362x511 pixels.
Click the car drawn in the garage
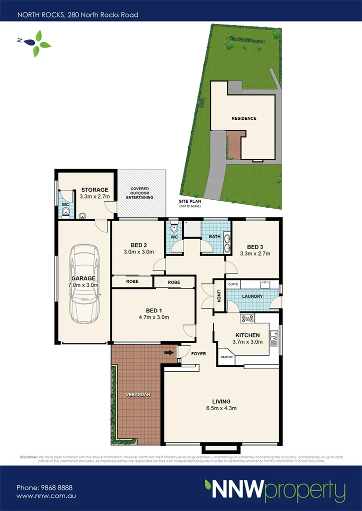click(x=82, y=283)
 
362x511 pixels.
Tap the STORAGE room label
click(x=94, y=190)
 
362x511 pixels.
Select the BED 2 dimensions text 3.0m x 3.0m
click(x=138, y=252)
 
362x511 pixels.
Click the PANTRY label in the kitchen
click(x=226, y=357)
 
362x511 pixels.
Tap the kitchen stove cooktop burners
click(x=247, y=318)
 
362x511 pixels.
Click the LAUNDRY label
click(x=252, y=296)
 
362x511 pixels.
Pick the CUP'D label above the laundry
click(x=233, y=284)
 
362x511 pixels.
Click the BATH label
click(x=215, y=237)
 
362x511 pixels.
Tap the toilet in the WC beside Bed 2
click(x=173, y=229)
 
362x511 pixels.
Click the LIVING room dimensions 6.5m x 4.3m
click(x=221, y=408)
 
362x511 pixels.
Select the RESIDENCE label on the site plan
click(x=243, y=118)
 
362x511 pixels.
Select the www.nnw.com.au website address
click(x=46, y=496)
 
